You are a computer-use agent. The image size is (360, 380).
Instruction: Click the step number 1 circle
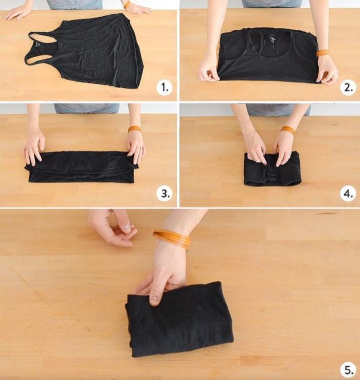pyautogui.click(x=164, y=88)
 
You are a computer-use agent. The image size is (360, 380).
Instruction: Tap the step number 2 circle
pyautogui.click(x=348, y=88)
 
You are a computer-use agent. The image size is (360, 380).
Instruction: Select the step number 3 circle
pyautogui.click(x=164, y=193)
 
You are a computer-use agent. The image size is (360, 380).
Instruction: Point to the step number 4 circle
pyautogui.click(x=348, y=193)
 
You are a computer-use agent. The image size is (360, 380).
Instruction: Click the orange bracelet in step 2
pyautogui.click(x=322, y=52)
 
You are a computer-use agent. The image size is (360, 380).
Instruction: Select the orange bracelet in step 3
pyautogui.click(x=135, y=129)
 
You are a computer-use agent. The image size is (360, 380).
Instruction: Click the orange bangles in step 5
pyautogui.click(x=171, y=237)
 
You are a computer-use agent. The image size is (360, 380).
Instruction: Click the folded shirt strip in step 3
pyautogui.click(x=82, y=166)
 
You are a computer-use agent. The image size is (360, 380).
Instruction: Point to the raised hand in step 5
pyautogui.click(x=114, y=229)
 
